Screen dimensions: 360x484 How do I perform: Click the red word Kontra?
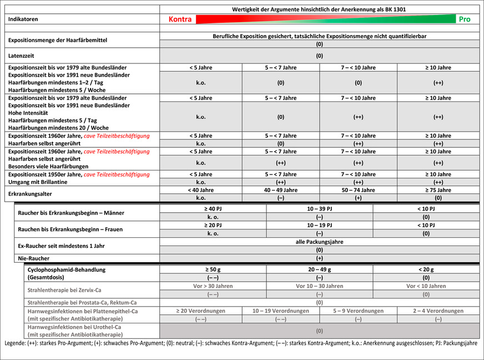click(x=180, y=19)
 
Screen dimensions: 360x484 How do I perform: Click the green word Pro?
click(x=465, y=19)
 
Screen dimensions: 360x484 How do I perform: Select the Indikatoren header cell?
click(x=24, y=19)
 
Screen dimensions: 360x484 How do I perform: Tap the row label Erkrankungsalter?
click(x=31, y=194)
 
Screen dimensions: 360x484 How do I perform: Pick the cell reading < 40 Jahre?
click(x=201, y=190)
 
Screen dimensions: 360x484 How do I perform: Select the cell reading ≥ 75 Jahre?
click(x=438, y=190)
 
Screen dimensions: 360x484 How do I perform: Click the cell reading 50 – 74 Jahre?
click(x=358, y=190)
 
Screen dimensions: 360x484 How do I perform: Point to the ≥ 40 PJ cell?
click(x=213, y=208)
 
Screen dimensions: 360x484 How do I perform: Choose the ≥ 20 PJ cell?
click(x=213, y=225)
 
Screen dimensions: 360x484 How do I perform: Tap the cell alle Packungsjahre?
click(x=319, y=242)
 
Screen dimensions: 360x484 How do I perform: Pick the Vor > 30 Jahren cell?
click(x=213, y=286)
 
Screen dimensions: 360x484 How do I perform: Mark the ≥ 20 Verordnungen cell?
click(x=201, y=311)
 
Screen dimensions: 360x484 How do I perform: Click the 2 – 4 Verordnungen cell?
click(x=438, y=311)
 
